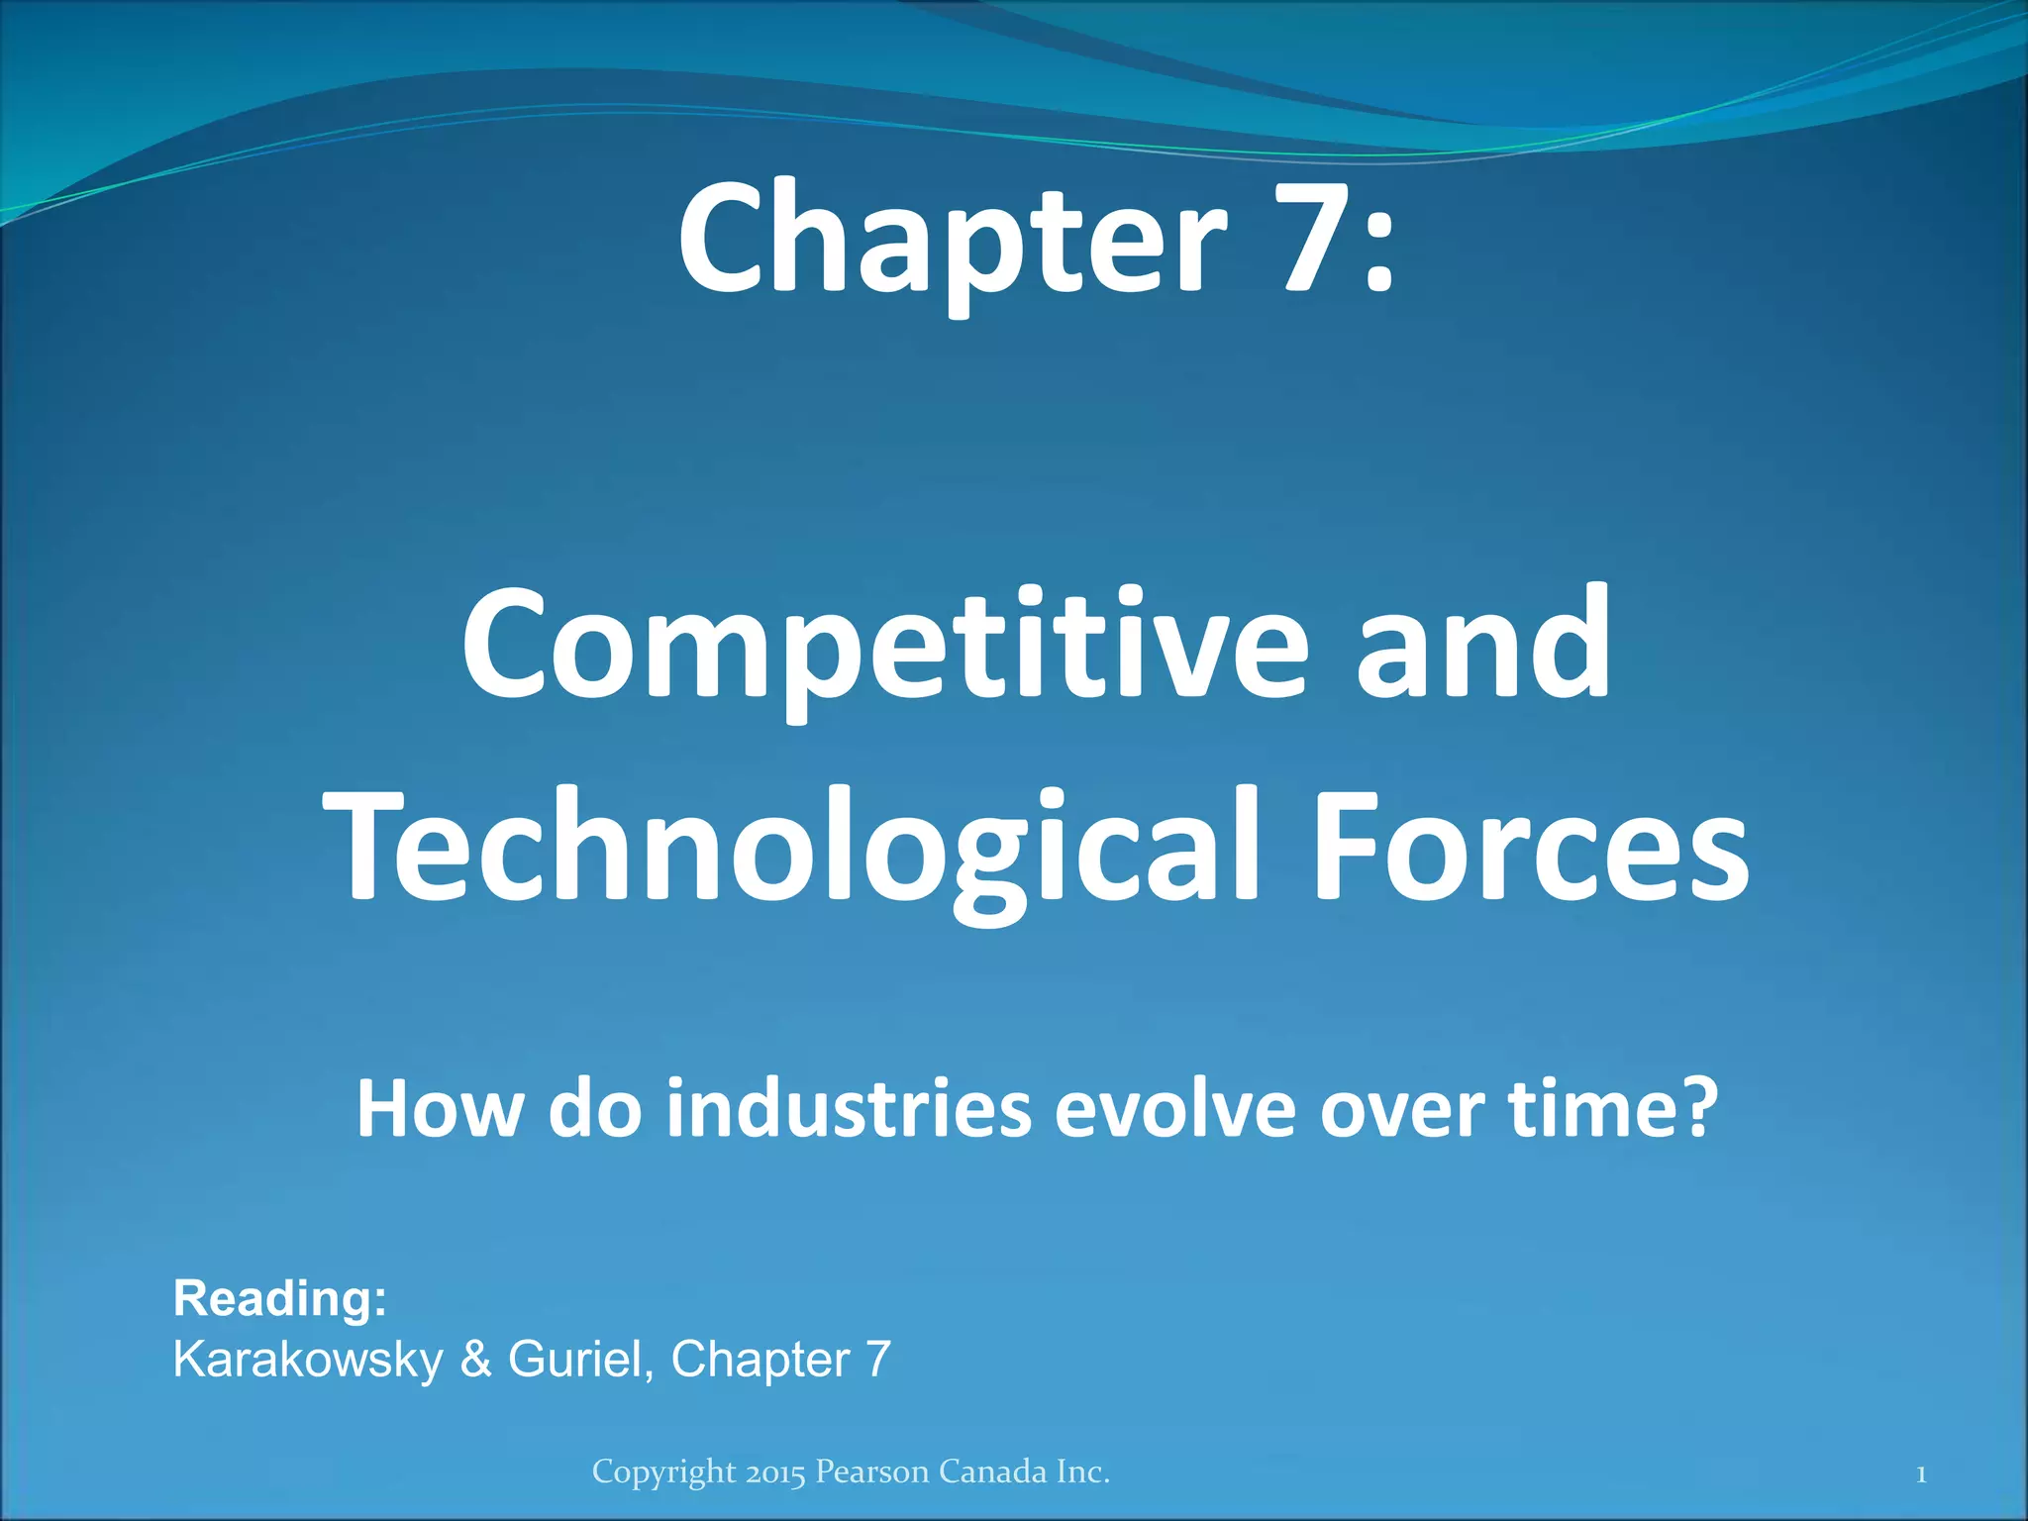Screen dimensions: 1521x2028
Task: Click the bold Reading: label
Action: [280, 1298]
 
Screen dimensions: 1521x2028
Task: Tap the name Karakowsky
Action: [308, 1360]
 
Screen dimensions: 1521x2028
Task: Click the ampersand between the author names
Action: [475, 1359]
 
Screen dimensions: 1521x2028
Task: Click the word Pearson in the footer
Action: [872, 1472]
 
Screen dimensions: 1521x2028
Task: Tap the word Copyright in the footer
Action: [664, 1473]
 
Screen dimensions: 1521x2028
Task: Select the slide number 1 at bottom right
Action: [1920, 1474]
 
